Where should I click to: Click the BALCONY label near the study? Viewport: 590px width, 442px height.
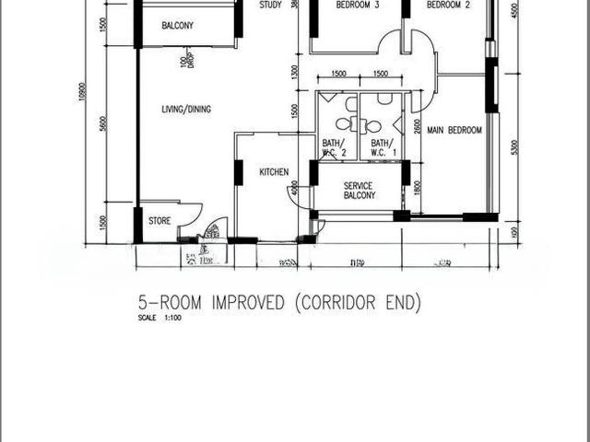click(177, 25)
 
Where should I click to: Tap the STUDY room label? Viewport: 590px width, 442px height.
click(270, 5)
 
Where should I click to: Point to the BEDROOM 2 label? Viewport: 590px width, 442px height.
click(449, 5)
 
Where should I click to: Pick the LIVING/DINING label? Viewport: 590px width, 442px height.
click(186, 109)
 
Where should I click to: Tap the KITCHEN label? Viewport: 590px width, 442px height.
click(274, 172)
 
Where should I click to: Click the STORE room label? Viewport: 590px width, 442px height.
click(159, 221)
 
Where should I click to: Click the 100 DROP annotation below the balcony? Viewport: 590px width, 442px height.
click(187, 61)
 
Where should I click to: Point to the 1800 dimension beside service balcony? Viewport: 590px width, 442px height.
click(417, 187)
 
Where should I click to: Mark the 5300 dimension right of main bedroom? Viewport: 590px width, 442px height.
click(513, 147)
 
